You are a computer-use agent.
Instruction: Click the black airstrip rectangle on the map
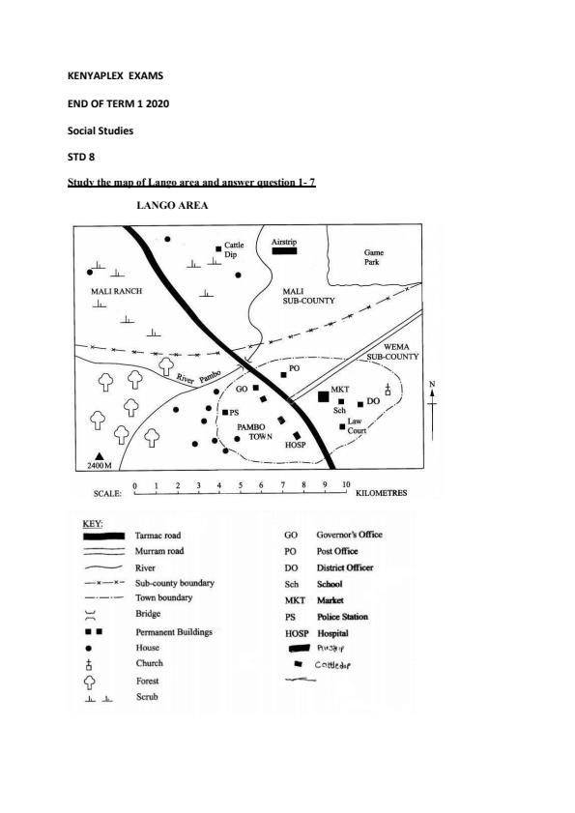click(x=283, y=250)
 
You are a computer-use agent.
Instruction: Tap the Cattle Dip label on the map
click(x=234, y=249)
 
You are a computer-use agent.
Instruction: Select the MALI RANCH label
click(x=116, y=291)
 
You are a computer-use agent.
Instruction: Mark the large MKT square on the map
click(x=323, y=395)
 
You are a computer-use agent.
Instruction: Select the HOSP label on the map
click(x=295, y=446)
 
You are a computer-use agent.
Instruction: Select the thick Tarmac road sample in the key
click(x=103, y=535)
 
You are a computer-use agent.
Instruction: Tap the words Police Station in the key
click(x=344, y=617)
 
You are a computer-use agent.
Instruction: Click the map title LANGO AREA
click(x=173, y=206)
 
